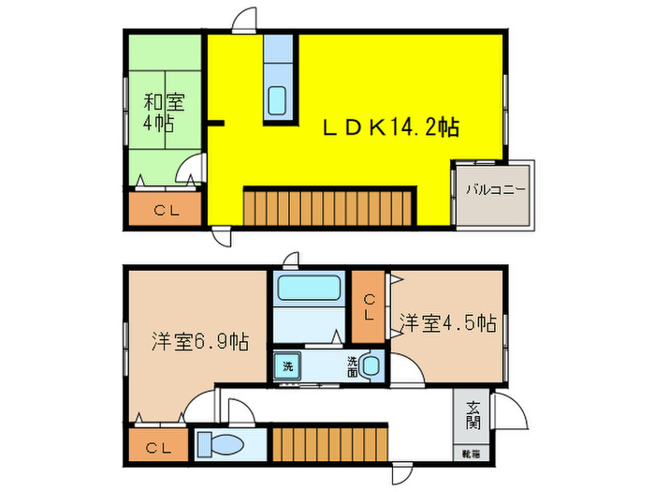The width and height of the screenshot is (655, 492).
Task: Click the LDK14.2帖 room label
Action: [391, 127]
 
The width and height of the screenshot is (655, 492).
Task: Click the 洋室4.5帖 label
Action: [447, 323]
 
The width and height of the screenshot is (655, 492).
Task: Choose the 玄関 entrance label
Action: [473, 416]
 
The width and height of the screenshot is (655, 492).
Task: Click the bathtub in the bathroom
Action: [308, 287]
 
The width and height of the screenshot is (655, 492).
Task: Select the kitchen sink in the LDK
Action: [279, 98]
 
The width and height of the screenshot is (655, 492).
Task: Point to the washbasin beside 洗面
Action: [372, 367]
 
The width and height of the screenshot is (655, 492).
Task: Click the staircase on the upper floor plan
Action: [328, 204]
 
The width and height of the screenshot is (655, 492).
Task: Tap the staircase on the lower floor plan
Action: [329, 441]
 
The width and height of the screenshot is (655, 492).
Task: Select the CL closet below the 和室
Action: [167, 210]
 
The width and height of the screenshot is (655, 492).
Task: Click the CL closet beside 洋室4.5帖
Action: [370, 307]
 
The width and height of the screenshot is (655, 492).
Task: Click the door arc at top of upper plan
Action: [245, 21]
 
